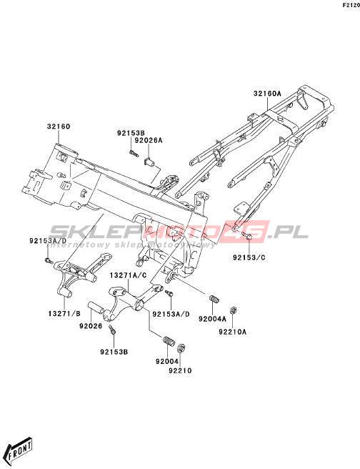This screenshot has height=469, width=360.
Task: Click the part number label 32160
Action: pos(59,127)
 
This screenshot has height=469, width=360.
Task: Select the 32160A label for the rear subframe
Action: pos(267,94)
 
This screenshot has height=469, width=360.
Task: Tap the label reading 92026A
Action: pos(149,140)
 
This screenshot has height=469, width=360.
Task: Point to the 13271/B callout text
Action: pos(64,314)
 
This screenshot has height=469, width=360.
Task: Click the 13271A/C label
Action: pos(129,275)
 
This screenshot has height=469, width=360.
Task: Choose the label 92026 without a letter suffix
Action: pos(91,326)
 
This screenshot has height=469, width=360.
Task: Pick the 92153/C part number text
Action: pos(249,257)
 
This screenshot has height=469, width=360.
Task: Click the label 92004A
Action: pos(212,319)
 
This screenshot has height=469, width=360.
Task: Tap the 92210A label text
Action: pos(233,332)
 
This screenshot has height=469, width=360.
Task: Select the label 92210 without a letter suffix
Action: pos(180,370)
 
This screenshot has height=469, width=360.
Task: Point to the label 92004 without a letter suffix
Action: pos(167,361)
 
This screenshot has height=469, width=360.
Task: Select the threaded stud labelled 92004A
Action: pos(214,299)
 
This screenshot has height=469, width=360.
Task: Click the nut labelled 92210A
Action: pos(234,310)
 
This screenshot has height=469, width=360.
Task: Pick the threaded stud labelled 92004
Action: pos(169,341)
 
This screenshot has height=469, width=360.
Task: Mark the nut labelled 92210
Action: pos(181,348)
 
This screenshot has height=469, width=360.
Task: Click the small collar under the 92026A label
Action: pos(149,163)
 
